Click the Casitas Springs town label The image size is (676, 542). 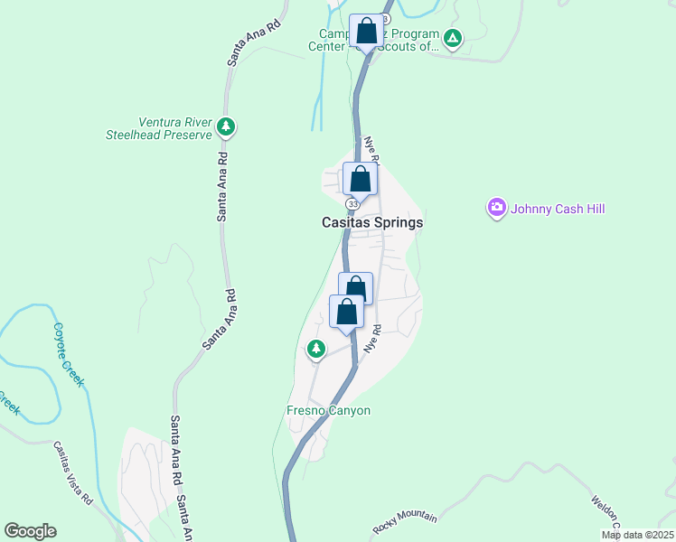(x=372, y=222)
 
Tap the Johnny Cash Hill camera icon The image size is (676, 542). (x=496, y=209)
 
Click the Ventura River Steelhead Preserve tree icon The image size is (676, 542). (x=226, y=128)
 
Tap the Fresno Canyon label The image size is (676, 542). (x=328, y=410)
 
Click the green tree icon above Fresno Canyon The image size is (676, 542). (x=315, y=348)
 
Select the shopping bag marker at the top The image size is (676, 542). (x=366, y=32)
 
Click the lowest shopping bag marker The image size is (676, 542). (x=347, y=313)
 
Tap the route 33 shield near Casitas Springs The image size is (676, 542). (x=352, y=204)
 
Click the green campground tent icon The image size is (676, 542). (x=453, y=38)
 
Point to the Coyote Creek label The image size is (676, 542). (x=68, y=355)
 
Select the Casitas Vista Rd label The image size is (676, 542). (x=73, y=473)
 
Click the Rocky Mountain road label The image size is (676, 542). (x=405, y=522)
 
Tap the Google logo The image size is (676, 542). (x=31, y=531)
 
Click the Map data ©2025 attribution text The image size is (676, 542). (x=637, y=535)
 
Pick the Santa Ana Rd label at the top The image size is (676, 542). (x=246, y=39)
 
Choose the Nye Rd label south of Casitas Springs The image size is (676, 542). (x=370, y=339)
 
